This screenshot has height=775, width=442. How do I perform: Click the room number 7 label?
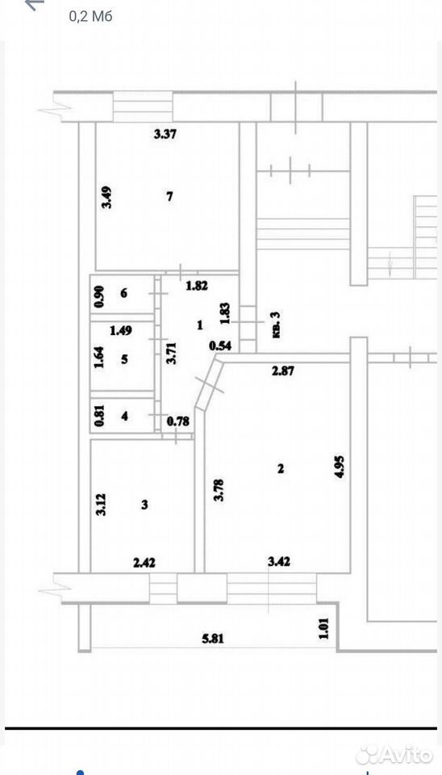tap(169, 197)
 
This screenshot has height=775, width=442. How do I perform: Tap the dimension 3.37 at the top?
tap(165, 134)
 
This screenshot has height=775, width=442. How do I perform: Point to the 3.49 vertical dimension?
tap(106, 197)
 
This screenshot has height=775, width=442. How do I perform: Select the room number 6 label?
tap(123, 293)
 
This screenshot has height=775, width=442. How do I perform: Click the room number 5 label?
tap(124, 358)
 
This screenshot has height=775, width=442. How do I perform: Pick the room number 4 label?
tap(124, 417)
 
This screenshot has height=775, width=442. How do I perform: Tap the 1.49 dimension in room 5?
tap(120, 331)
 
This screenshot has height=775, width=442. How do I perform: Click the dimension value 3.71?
tap(171, 352)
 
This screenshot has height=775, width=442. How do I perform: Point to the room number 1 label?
tap(199, 325)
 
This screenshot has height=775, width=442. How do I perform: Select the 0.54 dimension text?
tap(221, 346)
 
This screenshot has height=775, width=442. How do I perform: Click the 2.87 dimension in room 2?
tap(283, 371)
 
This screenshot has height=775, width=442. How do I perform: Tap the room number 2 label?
tap(281, 468)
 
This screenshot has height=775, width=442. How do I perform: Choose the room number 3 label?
tap(144, 505)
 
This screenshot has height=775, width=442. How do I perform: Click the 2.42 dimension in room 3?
tap(144, 562)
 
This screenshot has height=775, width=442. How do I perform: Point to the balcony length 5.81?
tap(213, 638)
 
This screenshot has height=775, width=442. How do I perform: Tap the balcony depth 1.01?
tap(324, 628)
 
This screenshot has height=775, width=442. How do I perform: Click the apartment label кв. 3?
tap(275, 325)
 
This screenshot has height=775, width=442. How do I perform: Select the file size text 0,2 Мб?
tap(91, 16)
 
